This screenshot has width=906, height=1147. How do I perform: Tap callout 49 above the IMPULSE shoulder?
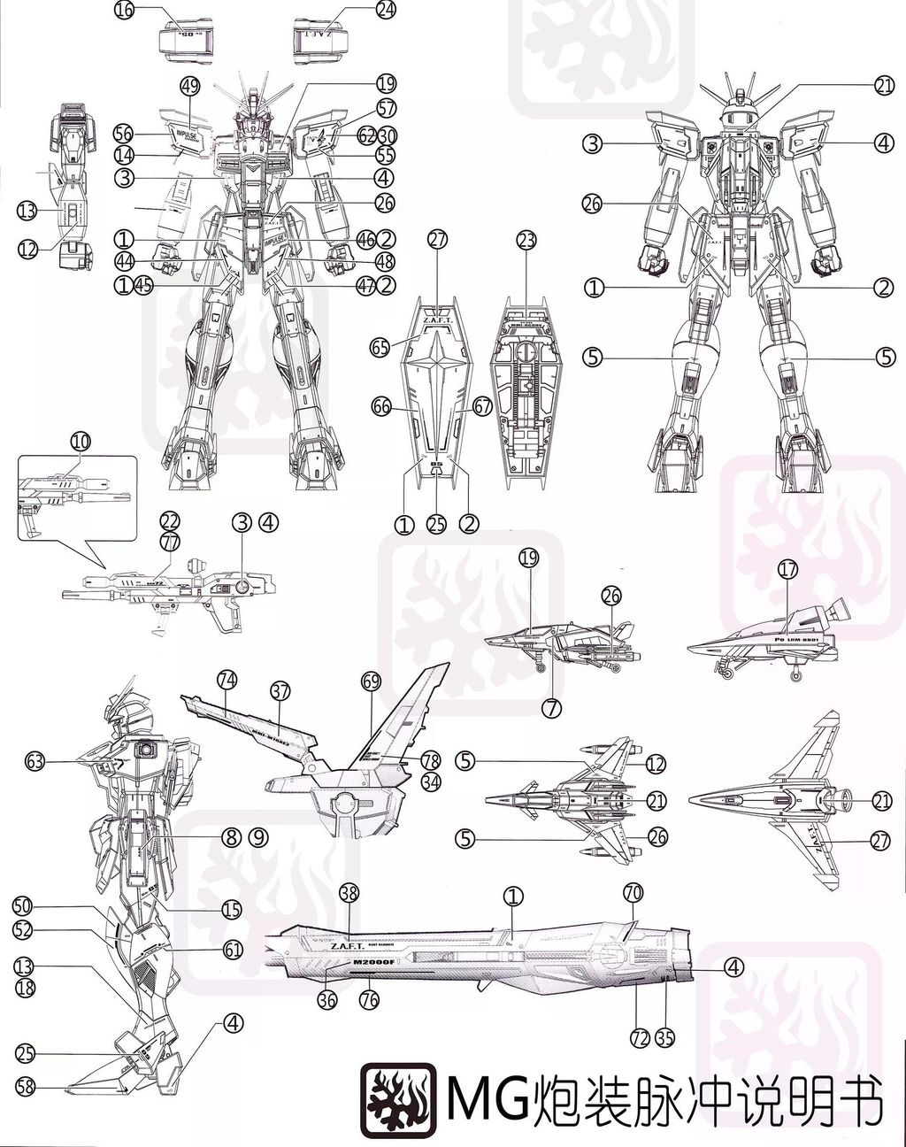[189, 86]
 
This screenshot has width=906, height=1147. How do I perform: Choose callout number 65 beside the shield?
[380, 348]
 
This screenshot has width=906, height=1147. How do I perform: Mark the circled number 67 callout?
[482, 406]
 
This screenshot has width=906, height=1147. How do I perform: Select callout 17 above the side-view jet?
[787, 571]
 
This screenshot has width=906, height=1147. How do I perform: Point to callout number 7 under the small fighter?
[553, 707]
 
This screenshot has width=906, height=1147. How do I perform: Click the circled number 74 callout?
[227, 680]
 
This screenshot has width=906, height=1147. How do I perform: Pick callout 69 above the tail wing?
[371, 681]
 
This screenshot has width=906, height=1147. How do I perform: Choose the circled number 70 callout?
[633, 894]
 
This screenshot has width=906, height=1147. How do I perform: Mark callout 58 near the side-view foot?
[25, 1088]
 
